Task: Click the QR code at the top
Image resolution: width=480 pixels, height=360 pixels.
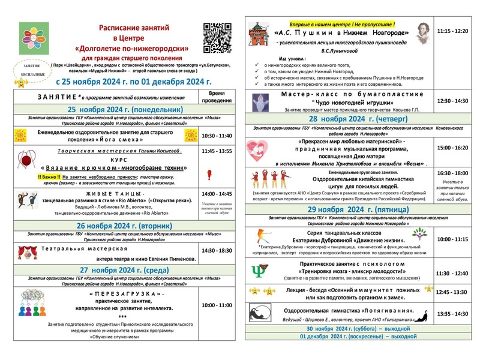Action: tap(217, 36)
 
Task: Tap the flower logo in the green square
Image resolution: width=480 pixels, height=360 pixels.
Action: tap(34, 37)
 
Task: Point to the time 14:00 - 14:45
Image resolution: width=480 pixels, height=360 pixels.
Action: tap(217, 194)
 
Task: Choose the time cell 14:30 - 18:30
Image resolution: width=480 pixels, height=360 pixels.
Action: tap(217, 250)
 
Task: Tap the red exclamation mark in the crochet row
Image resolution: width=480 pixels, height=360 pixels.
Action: tap(209, 175)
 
